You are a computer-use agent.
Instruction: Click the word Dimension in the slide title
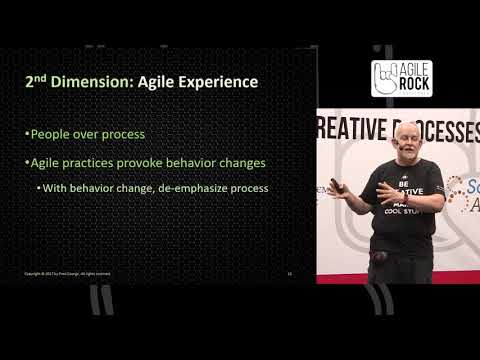[x=85, y=81]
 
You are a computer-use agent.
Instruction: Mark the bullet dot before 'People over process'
[x=27, y=134]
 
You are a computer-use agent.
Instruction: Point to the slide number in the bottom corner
[x=289, y=272]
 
